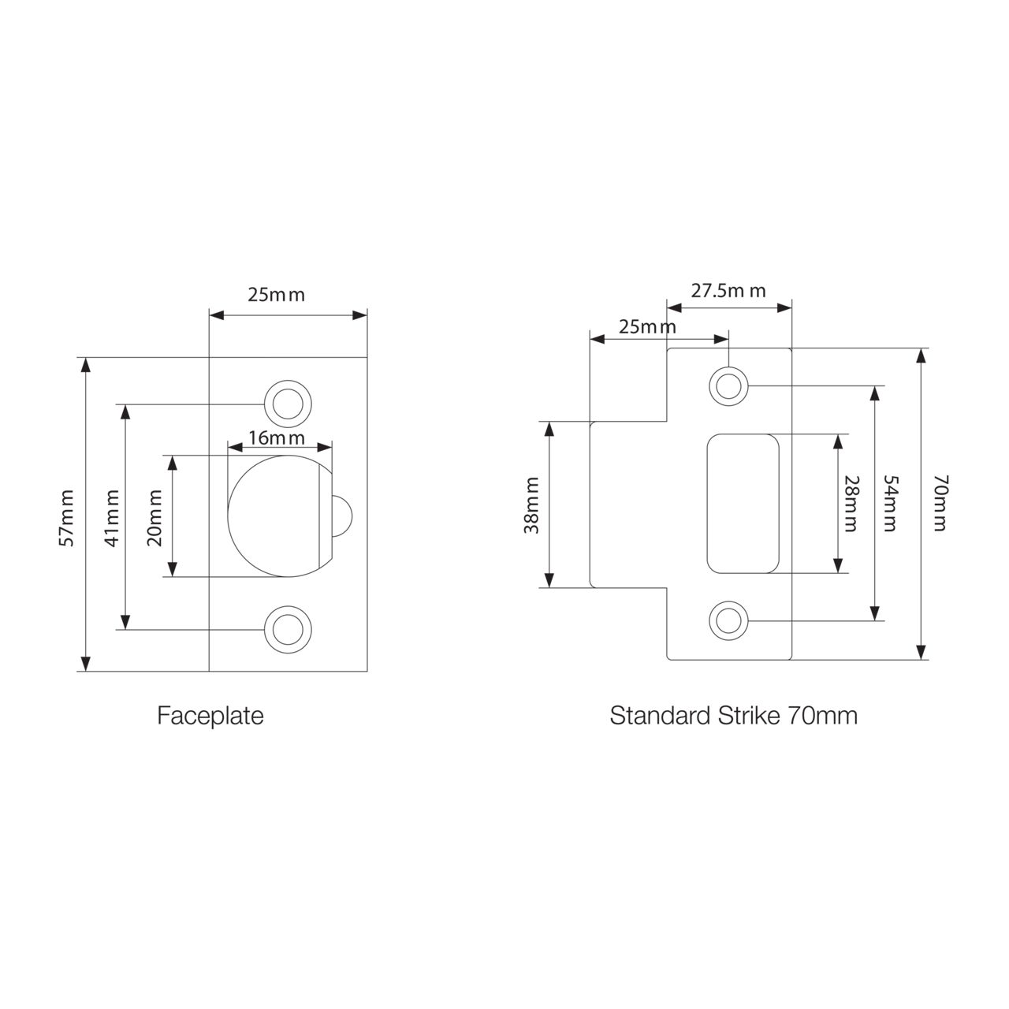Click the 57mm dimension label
[x=67, y=518]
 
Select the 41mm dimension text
[x=114, y=518]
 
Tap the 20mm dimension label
[x=155, y=518]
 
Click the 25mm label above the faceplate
[x=276, y=296]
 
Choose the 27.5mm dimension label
[x=728, y=291]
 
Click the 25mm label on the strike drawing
[x=647, y=326]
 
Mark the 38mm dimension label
[x=533, y=505]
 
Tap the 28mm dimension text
[x=849, y=503]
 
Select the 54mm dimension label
[x=890, y=503]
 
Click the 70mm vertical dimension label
[x=939, y=503]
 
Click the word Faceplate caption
[x=210, y=716]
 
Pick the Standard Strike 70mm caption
[x=733, y=716]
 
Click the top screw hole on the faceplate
[x=287, y=403]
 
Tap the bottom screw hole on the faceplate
[x=287, y=629]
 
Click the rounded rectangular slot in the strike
[x=743, y=503]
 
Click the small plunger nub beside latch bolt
[x=341, y=516]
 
